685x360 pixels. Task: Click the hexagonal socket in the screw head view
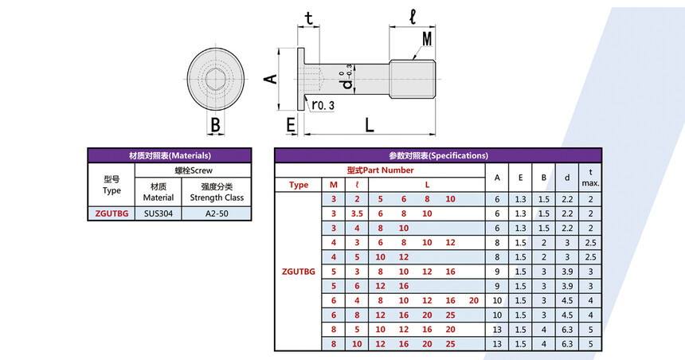coord(216,80)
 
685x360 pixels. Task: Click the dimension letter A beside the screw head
coord(271,79)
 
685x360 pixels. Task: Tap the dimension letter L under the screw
coord(370,125)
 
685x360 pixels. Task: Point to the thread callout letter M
coord(427,38)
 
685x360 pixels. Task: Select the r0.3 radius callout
coord(323,105)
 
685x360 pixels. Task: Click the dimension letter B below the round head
coord(215,125)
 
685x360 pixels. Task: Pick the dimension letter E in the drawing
coord(291,125)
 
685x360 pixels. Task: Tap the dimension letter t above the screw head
coord(309,18)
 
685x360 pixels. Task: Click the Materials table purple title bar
coord(170,155)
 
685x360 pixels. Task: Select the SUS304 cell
coord(159,213)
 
